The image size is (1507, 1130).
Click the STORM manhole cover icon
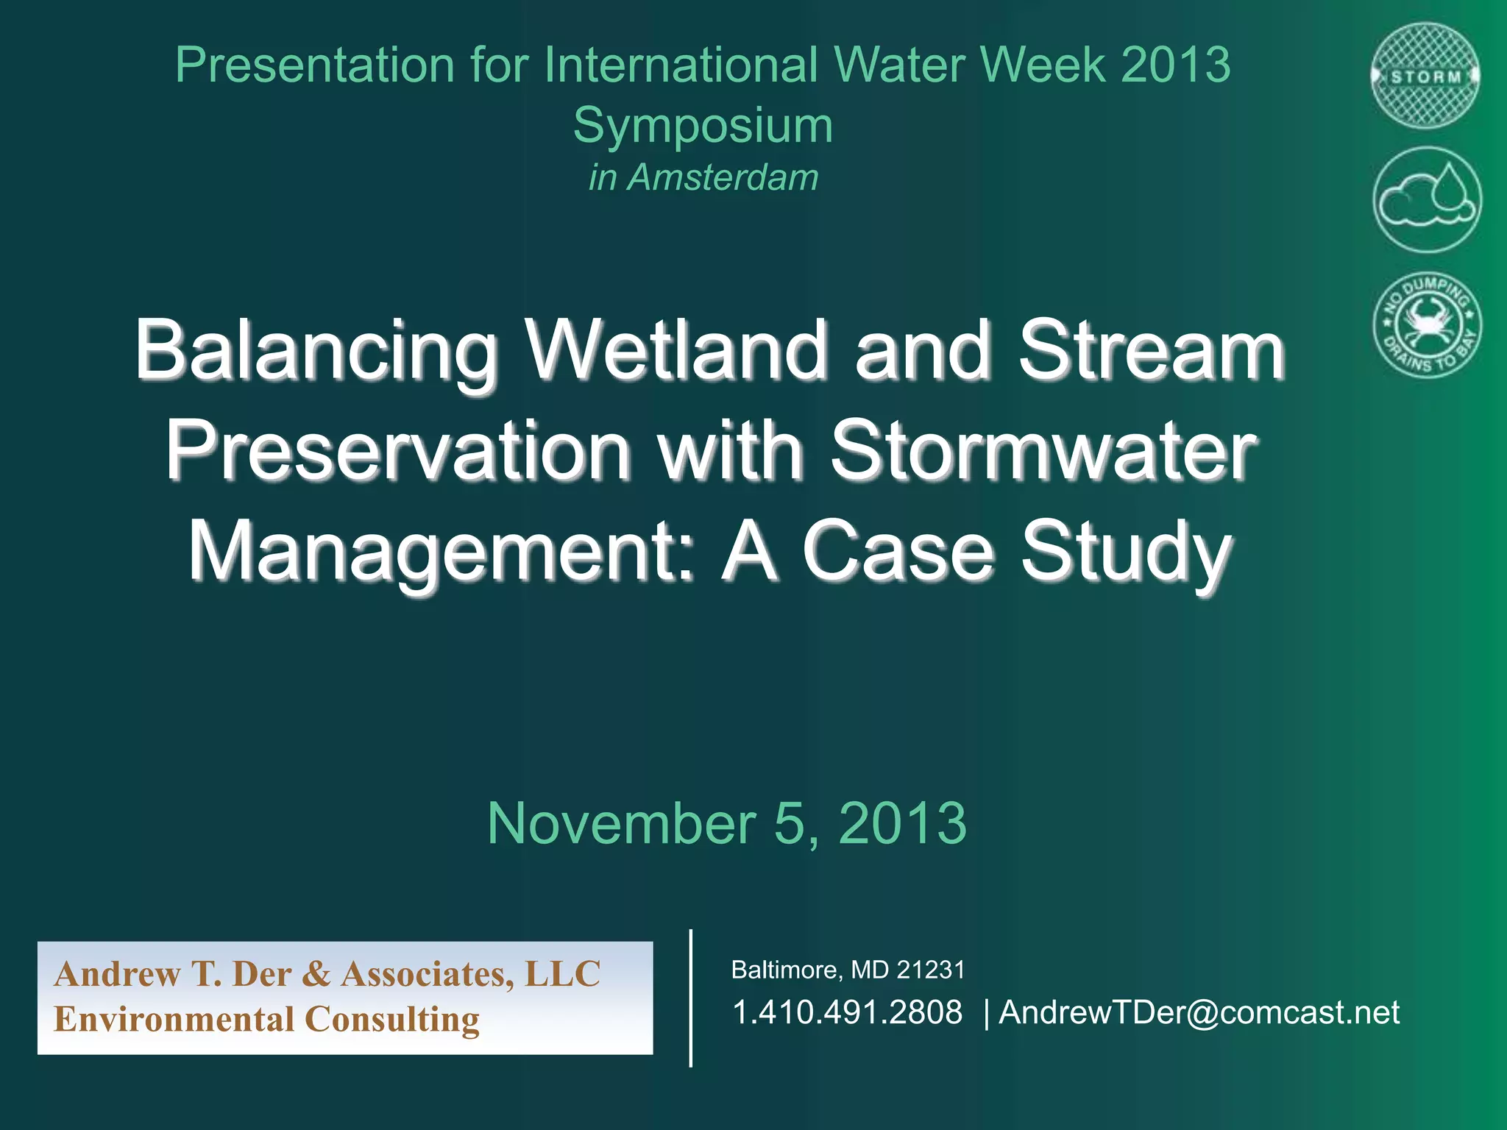click(x=1426, y=77)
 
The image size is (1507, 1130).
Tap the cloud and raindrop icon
click(x=1427, y=200)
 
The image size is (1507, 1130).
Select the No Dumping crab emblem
click(x=1427, y=324)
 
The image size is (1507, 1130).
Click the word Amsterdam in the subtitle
click(x=722, y=177)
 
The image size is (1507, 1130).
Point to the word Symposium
click(x=703, y=125)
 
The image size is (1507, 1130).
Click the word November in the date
click(x=622, y=823)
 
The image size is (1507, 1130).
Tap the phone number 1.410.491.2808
click(x=847, y=1012)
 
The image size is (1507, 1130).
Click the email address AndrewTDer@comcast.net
click(x=1199, y=1012)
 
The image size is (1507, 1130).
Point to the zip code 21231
click(x=930, y=970)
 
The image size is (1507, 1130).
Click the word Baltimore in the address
click(x=784, y=970)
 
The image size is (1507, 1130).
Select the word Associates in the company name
click(x=427, y=974)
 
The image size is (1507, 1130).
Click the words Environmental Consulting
click(x=266, y=1020)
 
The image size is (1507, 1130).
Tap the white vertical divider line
click(x=690, y=998)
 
